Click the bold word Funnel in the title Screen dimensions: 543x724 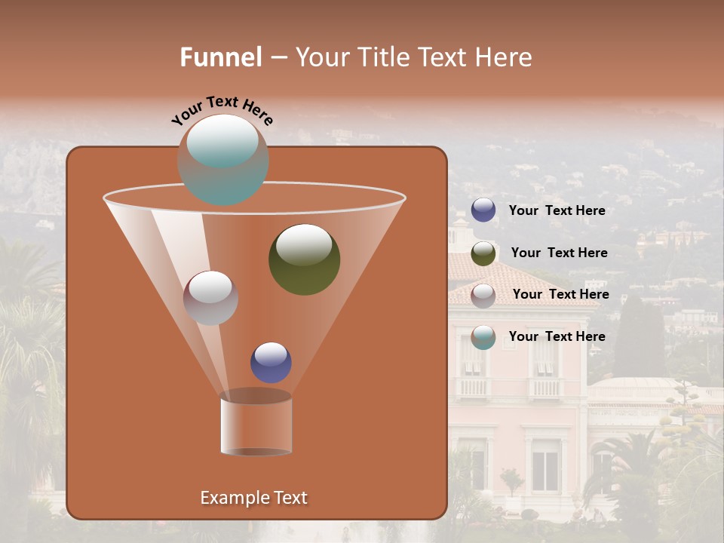pos(221,57)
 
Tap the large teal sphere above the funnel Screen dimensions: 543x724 pos(222,159)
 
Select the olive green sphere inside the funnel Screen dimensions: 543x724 pos(304,259)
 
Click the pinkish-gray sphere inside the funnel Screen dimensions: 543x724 pos(210,298)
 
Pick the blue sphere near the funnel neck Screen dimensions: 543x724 pos(271,362)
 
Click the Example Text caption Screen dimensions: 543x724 pos(253,498)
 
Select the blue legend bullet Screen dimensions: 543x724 pos(483,210)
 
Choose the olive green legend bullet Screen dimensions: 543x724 pos(483,253)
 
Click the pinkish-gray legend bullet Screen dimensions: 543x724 pos(483,295)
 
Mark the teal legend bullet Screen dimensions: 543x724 pos(483,337)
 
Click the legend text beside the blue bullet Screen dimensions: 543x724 pos(557,210)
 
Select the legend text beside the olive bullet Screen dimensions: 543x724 pos(559,253)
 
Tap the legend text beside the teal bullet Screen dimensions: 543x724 pos(557,336)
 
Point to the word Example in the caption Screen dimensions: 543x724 pos(230,498)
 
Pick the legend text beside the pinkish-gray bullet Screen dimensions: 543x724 pos(560,294)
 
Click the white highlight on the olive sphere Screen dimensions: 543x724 pos(304,243)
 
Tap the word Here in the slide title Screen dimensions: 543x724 pos(502,57)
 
